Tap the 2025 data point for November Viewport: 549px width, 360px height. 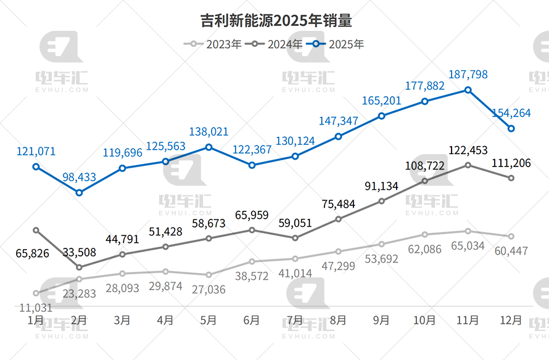[468, 90]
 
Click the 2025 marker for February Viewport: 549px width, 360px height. [79, 193]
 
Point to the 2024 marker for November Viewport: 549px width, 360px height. [468, 165]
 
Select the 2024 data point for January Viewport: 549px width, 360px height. [36, 230]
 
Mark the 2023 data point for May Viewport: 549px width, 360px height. [208, 275]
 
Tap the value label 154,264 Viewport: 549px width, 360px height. [511, 113]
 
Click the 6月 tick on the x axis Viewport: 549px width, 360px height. [251, 321]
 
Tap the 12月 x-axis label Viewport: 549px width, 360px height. [511, 321]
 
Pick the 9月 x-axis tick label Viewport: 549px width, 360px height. [381, 321]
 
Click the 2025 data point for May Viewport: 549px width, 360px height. [208, 147]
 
